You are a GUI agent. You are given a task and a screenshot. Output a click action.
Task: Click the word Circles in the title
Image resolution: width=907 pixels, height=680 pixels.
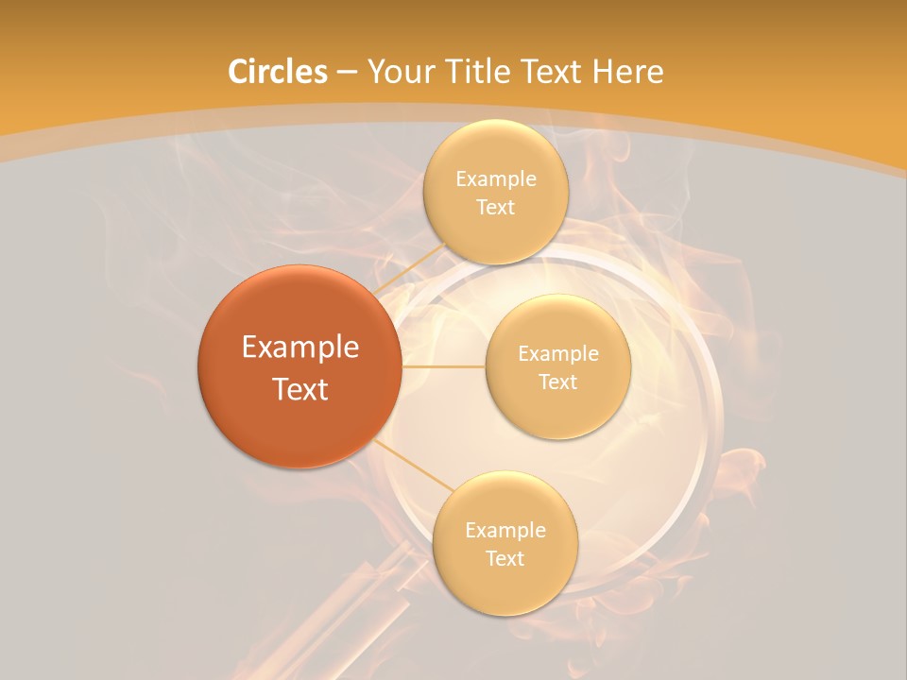tap(277, 72)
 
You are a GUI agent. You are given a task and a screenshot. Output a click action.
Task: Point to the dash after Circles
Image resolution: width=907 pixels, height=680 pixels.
tap(347, 73)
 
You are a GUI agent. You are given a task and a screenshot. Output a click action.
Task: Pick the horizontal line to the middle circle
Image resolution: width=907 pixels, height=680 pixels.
tap(443, 366)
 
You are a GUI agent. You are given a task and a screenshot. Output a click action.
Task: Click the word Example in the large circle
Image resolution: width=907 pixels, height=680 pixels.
tap(300, 348)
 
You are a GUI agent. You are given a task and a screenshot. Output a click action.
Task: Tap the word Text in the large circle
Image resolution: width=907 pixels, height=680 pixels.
tap(300, 389)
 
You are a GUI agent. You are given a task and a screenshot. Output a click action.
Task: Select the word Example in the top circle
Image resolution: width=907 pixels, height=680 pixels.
tap(496, 179)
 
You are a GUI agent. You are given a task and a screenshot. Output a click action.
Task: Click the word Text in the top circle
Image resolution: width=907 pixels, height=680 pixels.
tap(495, 208)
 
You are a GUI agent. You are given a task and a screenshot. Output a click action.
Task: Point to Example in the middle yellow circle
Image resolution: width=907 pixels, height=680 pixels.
tap(558, 354)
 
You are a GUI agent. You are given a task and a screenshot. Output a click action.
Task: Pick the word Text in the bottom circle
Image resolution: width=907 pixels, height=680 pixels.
tap(505, 558)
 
